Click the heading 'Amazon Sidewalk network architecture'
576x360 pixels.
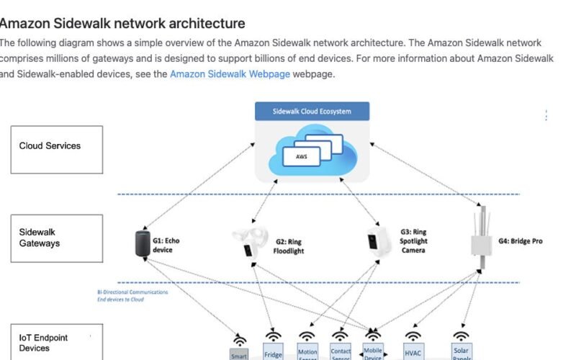(x=122, y=24)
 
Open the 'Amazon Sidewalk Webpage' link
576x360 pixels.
(x=230, y=74)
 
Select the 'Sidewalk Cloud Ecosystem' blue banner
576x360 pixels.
(x=312, y=111)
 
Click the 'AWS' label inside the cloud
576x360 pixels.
(x=300, y=155)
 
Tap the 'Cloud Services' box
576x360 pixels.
(x=56, y=149)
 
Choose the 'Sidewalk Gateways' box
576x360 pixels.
(x=56, y=238)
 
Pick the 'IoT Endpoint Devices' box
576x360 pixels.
(x=56, y=343)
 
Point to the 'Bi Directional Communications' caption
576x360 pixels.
(x=132, y=292)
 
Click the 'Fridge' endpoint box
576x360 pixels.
(x=273, y=354)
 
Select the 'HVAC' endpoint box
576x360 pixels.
(x=413, y=354)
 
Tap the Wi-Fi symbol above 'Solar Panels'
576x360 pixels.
(x=461, y=336)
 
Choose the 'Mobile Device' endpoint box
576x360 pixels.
(x=373, y=352)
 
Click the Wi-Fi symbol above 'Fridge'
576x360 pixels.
(x=273, y=336)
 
